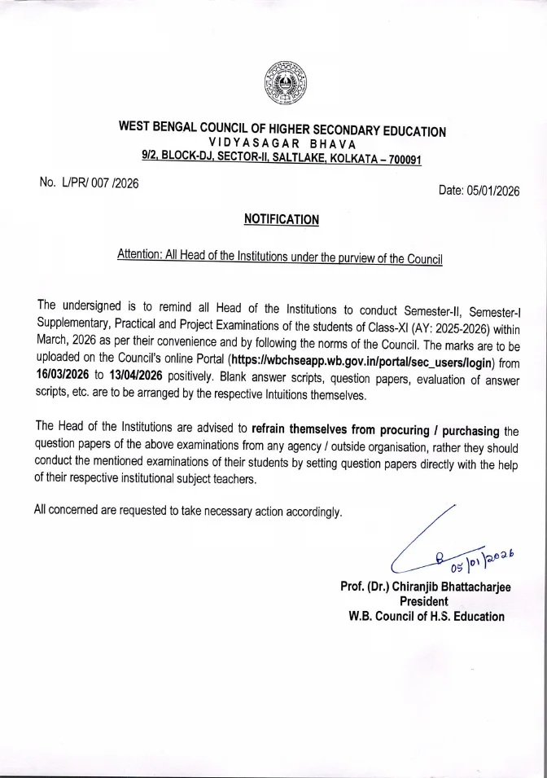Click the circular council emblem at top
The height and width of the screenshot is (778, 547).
[282, 81]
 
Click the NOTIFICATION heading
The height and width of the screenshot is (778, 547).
[282, 219]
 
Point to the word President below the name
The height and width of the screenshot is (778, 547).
[423, 602]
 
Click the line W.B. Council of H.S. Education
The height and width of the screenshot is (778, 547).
[426, 617]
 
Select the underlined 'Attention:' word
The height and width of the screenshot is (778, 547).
[139, 255]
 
